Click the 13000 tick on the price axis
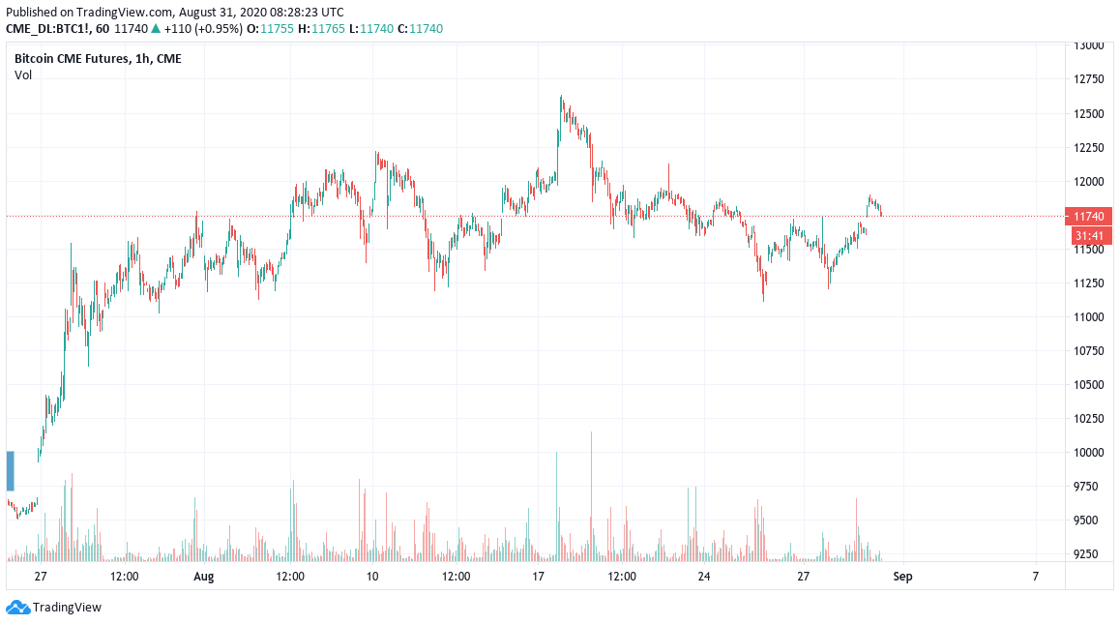coord(1090,45)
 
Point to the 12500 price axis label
coord(1090,113)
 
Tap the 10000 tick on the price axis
coord(1090,452)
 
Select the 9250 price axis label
coord(1090,554)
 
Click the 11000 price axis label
coord(1090,316)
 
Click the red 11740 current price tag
coord(1089,217)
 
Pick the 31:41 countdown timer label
coord(1089,235)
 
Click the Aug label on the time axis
coord(203,577)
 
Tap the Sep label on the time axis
coord(902,577)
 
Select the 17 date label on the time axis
coord(539,577)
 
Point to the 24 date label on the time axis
coord(704,577)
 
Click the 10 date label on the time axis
coord(372,577)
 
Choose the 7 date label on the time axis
coord(1035,577)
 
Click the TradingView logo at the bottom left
coord(54,608)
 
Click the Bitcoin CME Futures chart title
coord(98,59)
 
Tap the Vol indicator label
coord(23,75)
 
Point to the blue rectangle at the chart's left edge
coord(11,470)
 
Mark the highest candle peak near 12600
coord(561,96)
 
